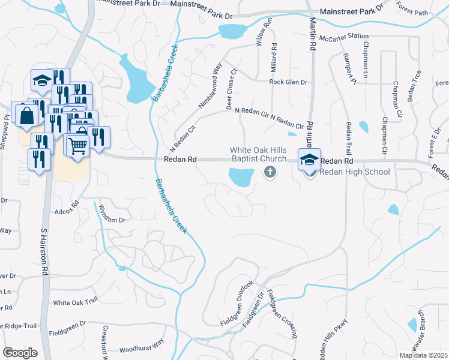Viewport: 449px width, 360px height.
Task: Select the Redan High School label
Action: click(x=355, y=172)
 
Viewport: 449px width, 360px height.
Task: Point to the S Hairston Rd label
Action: click(x=44, y=251)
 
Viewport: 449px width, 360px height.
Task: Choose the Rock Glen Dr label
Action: click(x=288, y=82)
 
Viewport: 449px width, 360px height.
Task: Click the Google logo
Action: click(x=20, y=352)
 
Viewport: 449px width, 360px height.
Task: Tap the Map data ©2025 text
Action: click(x=423, y=355)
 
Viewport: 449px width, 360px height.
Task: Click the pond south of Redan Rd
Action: click(x=241, y=177)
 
